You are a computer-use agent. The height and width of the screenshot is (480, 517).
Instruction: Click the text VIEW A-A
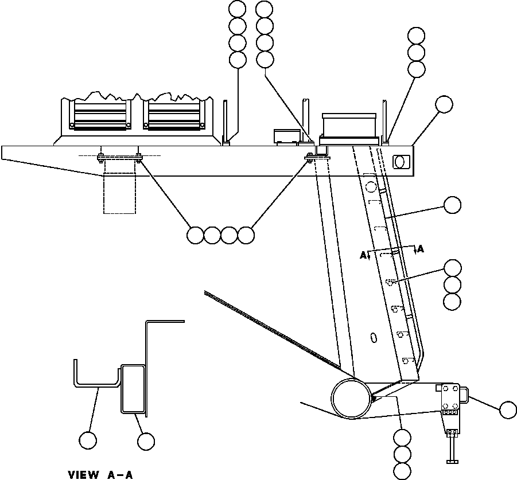101,474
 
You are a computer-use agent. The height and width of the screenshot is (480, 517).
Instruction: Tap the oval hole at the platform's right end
402,162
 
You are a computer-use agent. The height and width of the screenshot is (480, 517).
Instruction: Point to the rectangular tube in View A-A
132,388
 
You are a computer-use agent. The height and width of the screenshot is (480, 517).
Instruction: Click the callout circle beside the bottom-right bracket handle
508,410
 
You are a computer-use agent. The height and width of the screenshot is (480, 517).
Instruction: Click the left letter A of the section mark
363,256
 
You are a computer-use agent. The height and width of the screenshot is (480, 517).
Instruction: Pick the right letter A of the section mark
421,249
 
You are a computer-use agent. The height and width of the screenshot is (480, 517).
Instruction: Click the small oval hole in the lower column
374,337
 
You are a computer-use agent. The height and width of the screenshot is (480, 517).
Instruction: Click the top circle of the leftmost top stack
237,9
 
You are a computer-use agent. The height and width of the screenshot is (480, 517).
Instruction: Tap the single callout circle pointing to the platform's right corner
444,104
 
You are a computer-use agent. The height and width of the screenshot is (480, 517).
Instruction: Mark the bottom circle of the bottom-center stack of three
402,471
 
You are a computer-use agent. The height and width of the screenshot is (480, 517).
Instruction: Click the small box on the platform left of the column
287,135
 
